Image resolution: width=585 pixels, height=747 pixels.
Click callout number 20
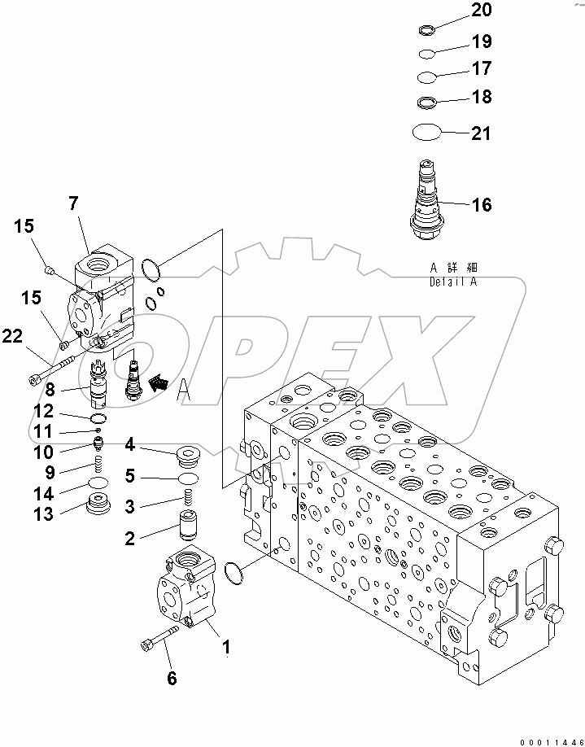point(482,10)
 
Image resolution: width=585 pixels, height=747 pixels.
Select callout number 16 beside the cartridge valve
point(482,205)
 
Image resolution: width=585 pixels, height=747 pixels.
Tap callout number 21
point(482,133)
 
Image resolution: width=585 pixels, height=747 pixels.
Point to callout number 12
point(43,412)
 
